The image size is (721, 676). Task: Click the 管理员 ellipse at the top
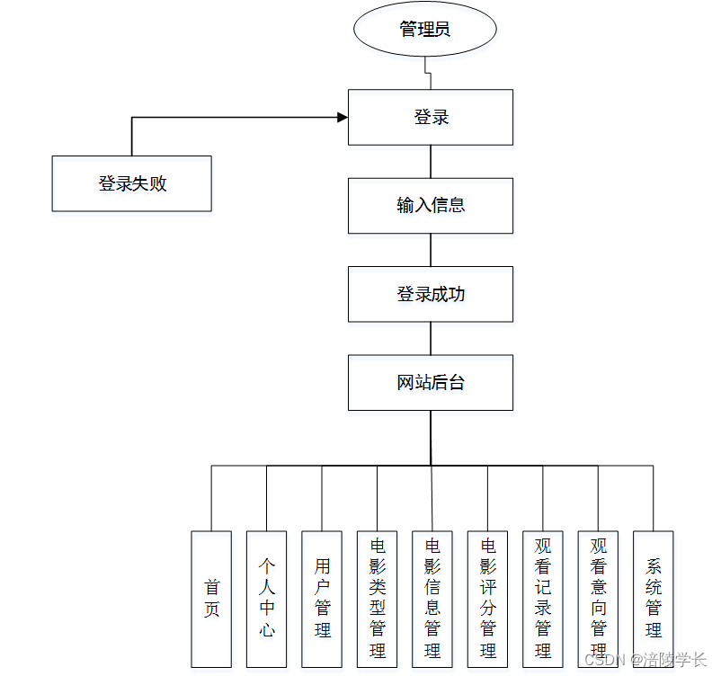click(425, 30)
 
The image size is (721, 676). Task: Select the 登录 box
click(431, 117)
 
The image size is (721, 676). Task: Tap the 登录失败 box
click(131, 183)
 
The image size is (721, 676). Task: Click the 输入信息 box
click(431, 205)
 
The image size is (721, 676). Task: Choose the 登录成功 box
click(431, 294)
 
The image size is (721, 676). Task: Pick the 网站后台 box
click(431, 383)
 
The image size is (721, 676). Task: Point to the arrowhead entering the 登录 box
click(342, 117)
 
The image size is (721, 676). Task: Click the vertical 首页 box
click(211, 599)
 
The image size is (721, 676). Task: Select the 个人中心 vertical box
click(267, 599)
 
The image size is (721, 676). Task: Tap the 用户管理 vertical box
click(322, 599)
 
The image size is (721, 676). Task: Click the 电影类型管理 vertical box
click(378, 599)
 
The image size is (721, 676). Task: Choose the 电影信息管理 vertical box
click(432, 599)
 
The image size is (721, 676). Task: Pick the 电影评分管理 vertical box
click(488, 599)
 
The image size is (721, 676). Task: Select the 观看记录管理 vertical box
click(543, 599)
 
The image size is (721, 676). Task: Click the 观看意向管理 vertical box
click(599, 599)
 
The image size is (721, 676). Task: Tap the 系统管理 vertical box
click(654, 599)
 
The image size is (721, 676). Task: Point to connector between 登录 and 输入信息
click(431, 161)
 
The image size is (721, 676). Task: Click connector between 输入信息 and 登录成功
click(431, 249)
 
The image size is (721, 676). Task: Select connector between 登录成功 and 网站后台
click(431, 338)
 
